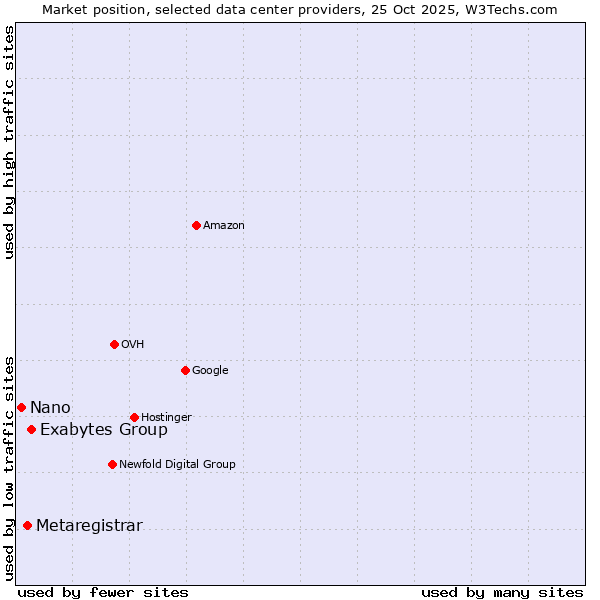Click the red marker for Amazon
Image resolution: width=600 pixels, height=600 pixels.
click(196, 225)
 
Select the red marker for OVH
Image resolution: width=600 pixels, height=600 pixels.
click(114, 344)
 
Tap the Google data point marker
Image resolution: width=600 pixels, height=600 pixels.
click(185, 370)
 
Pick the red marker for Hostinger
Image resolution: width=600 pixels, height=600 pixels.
click(134, 417)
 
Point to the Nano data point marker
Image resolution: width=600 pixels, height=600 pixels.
click(21, 407)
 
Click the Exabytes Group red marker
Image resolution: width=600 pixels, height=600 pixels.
click(31, 429)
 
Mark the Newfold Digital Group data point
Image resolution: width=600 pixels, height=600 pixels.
click(112, 464)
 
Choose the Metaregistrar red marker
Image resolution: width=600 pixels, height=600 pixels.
click(27, 525)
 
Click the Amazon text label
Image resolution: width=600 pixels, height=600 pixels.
click(224, 226)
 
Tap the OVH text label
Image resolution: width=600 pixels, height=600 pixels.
click(133, 345)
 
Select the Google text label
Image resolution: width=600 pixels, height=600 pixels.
click(210, 371)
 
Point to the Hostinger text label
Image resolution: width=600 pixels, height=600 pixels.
click(166, 418)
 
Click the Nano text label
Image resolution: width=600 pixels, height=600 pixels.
click(50, 408)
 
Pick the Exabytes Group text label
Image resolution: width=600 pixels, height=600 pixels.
click(104, 430)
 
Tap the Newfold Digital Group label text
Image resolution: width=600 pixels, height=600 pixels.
click(177, 465)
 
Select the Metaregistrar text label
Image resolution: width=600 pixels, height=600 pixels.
click(89, 526)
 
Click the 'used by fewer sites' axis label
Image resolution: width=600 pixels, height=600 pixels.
click(103, 592)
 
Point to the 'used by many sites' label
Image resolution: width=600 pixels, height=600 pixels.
click(502, 592)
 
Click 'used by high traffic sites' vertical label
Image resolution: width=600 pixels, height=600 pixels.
click(9, 141)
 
